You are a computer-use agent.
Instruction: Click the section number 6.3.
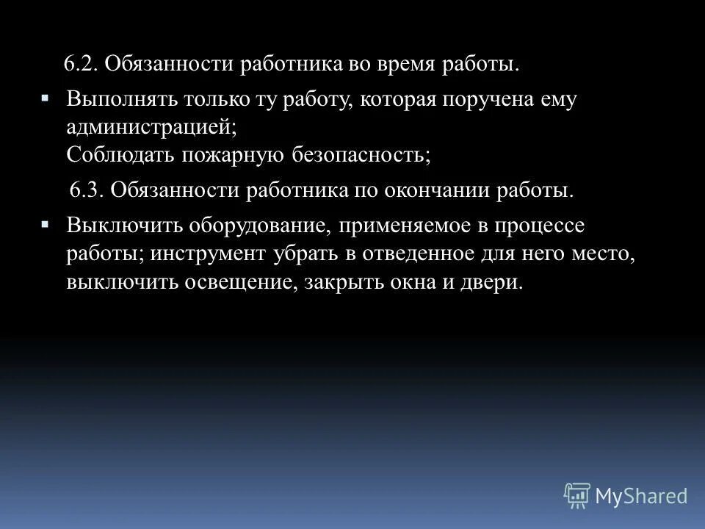pyautogui.click(x=87, y=190)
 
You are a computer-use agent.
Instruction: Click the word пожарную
pyautogui.click(x=223, y=154)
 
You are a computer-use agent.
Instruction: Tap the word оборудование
pyautogui.click(x=247, y=226)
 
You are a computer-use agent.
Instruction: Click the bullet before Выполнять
pyautogui.click(x=46, y=96)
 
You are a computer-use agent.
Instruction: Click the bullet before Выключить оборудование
pyautogui.click(x=46, y=222)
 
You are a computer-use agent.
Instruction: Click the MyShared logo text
pyautogui.click(x=641, y=495)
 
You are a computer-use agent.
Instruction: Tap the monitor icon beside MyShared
pyautogui.click(x=577, y=495)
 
